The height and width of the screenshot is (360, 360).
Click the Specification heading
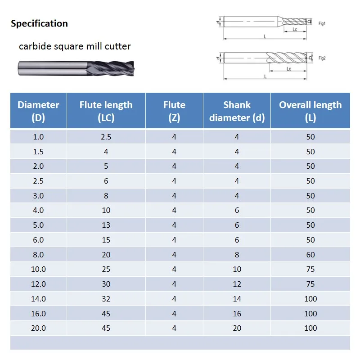pyautogui.click(x=39, y=24)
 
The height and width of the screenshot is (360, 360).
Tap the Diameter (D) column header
pyautogui.click(x=38, y=111)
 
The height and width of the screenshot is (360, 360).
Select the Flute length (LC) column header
pyautogui.click(x=106, y=111)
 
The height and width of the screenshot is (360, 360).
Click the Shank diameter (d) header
pyautogui.click(x=237, y=111)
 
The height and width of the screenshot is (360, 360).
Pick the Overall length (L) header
pyautogui.click(x=310, y=111)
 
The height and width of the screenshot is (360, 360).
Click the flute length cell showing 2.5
pyautogui.click(x=106, y=137)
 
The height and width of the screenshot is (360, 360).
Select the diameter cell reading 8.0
pyautogui.click(x=38, y=255)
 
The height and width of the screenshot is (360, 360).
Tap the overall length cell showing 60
pyautogui.click(x=310, y=255)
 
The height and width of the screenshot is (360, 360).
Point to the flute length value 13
pyautogui.click(x=106, y=225)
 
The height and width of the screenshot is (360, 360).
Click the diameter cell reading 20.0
pyautogui.click(x=38, y=328)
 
